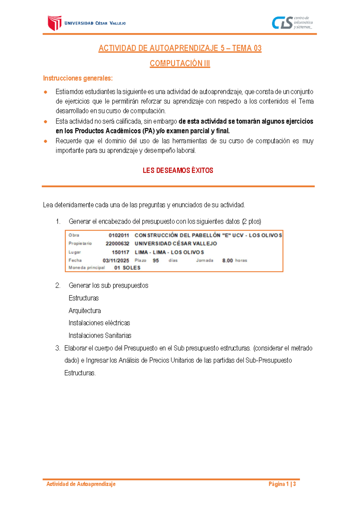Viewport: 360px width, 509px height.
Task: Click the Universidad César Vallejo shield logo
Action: (x=55, y=23)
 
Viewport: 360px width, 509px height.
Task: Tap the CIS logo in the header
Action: (x=282, y=23)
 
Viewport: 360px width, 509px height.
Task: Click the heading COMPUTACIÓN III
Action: (x=180, y=63)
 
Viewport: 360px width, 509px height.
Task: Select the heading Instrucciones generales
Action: (x=78, y=78)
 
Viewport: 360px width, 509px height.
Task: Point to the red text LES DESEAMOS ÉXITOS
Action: (x=178, y=170)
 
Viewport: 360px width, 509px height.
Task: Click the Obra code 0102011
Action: (x=119, y=235)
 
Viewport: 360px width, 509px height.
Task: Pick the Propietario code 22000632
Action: (x=117, y=244)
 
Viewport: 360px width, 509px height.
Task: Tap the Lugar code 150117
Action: (x=120, y=252)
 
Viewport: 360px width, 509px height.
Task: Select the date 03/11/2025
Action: (x=116, y=261)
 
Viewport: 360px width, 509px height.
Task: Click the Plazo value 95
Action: (x=156, y=261)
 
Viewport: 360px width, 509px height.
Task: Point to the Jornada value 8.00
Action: (x=227, y=261)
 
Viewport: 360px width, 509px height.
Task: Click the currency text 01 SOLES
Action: (x=127, y=268)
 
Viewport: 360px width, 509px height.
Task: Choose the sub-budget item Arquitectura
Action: (x=85, y=311)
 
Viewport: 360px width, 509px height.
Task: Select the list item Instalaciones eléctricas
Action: (x=99, y=323)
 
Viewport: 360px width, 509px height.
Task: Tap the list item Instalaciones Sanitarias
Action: (x=100, y=336)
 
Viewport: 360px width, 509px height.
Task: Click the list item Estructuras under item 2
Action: (x=83, y=298)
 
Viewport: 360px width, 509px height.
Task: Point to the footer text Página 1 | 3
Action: (x=282, y=484)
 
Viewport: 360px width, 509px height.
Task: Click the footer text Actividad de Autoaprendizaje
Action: (x=81, y=484)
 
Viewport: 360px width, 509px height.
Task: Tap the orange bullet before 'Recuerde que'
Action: (x=46, y=141)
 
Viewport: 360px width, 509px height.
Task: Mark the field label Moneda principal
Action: (x=86, y=268)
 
